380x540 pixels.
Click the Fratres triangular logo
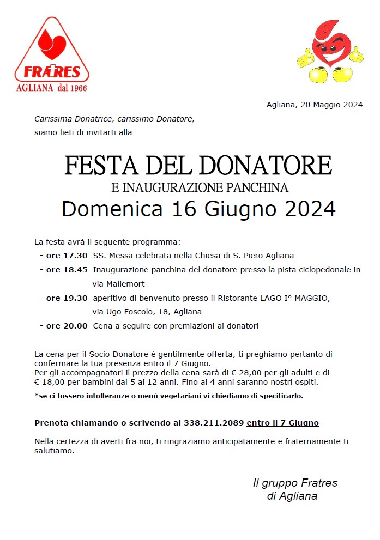coord(52,52)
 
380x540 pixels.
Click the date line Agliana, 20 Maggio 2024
coord(315,105)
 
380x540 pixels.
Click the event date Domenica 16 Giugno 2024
coord(198,209)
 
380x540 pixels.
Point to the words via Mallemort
coord(118,283)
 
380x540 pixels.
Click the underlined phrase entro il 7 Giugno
coord(282,422)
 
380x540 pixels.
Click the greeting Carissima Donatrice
coord(73,118)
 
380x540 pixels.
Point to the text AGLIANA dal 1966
coord(52,88)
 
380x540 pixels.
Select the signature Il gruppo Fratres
coord(294,483)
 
